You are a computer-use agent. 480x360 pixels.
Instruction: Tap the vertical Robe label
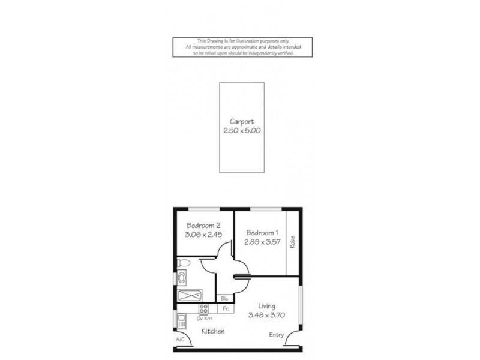click(x=292, y=242)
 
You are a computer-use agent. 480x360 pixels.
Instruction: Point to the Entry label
click(x=277, y=335)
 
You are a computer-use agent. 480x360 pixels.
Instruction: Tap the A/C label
click(x=180, y=340)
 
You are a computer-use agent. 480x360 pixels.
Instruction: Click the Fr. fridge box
click(x=226, y=308)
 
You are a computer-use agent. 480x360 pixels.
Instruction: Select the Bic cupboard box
click(x=224, y=298)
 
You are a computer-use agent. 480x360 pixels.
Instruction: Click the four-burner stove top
click(x=204, y=309)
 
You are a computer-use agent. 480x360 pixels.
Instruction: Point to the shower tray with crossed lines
click(x=190, y=296)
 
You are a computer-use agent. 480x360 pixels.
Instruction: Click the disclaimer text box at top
click(x=242, y=47)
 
